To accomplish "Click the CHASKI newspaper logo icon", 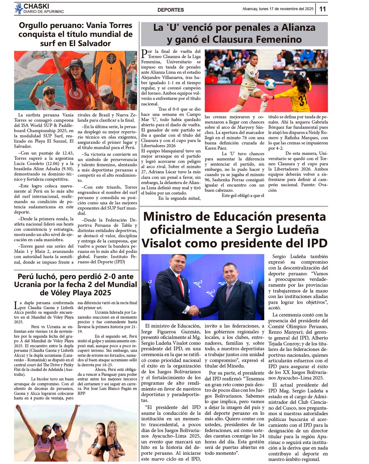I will (18, 9).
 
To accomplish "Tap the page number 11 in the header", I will (322, 9).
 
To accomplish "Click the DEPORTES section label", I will (170, 10).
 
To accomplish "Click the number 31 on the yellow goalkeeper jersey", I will (303, 100).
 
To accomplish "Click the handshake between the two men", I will (194, 310).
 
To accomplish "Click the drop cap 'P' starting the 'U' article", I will (144, 54).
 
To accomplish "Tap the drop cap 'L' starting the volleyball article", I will (17, 305).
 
